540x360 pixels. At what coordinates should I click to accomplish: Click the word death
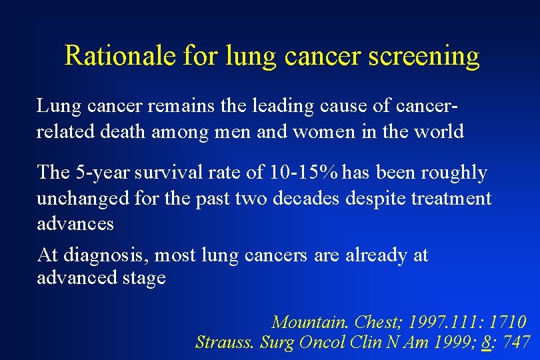click(126, 131)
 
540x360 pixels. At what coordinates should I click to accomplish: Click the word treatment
click(450, 198)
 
